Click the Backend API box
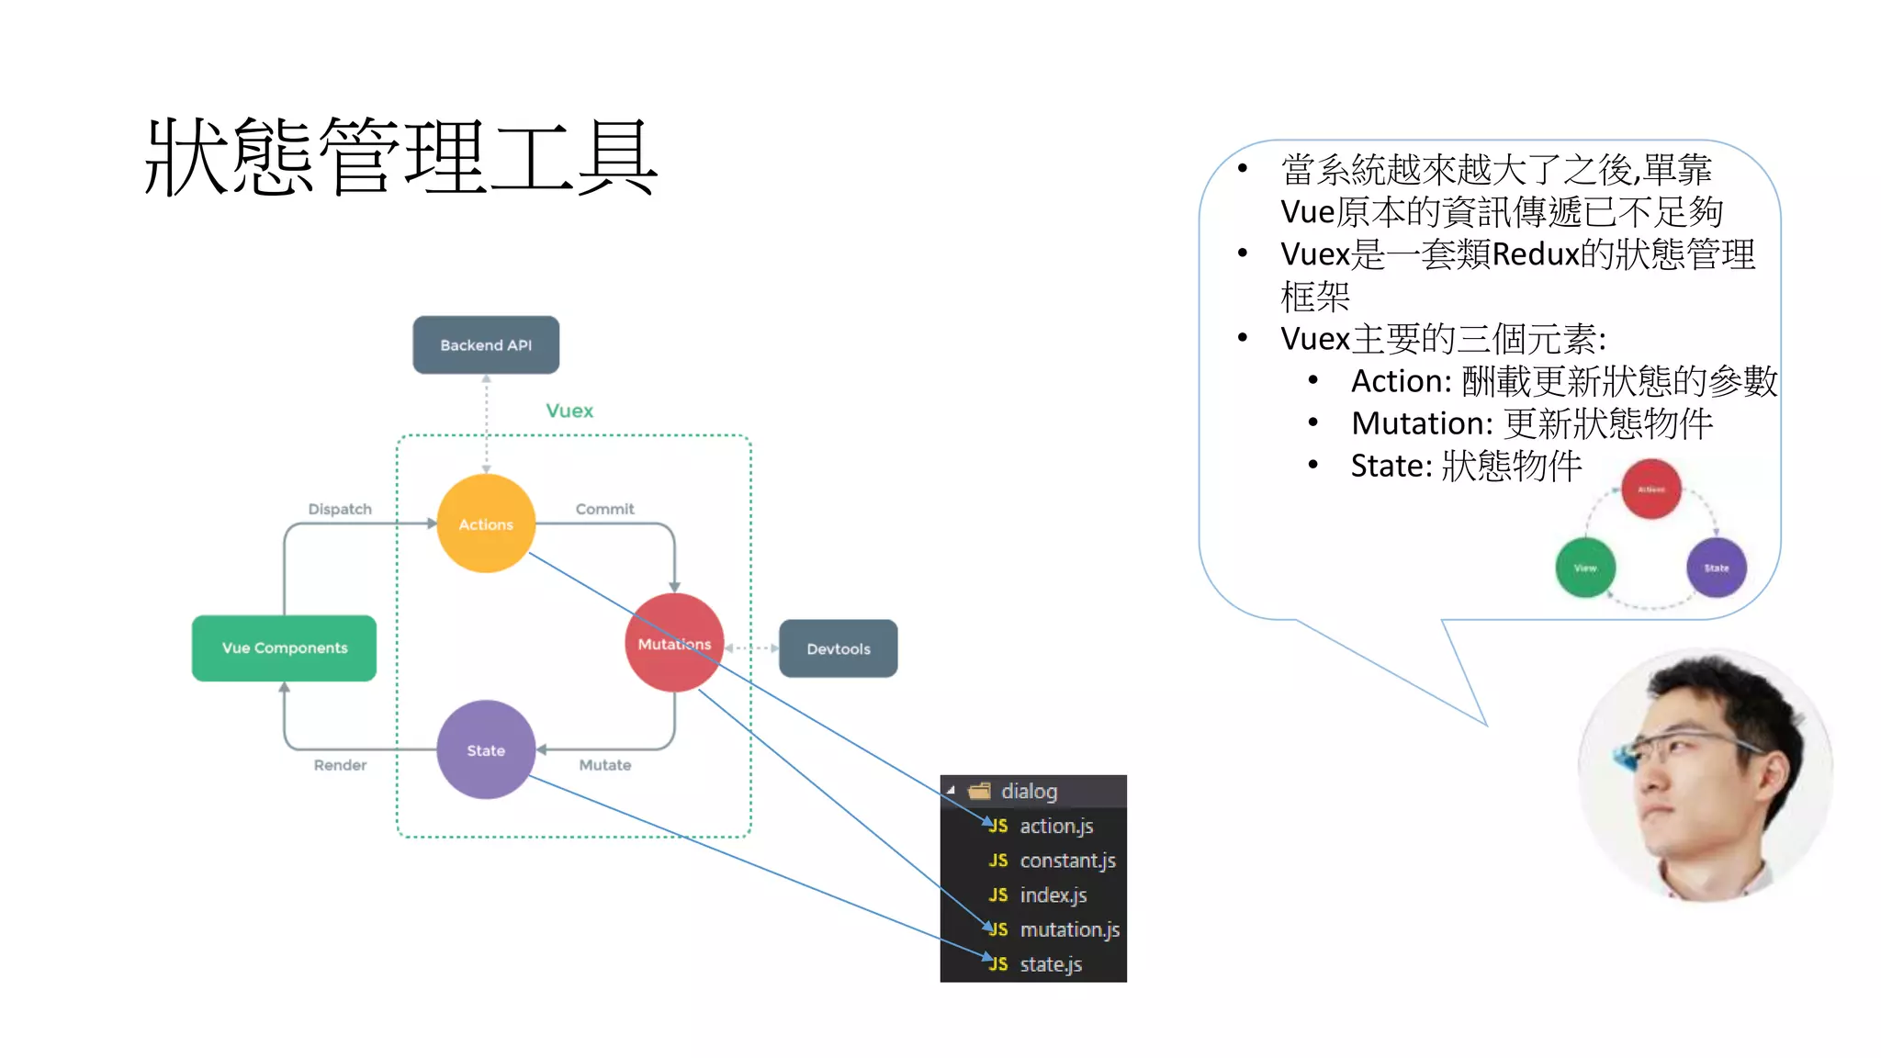(486, 345)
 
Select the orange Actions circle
(486, 523)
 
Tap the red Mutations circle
(674, 643)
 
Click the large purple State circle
(486, 749)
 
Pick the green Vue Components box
(284, 647)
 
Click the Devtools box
(838, 648)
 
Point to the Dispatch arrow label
(340, 509)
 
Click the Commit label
(604, 509)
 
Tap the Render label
(340, 765)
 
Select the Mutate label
(604, 765)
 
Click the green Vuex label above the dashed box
(569, 411)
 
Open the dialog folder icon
(980, 791)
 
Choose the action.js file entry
(1055, 826)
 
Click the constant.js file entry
(1066, 861)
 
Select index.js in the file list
(1053, 895)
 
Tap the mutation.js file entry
(1069, 929)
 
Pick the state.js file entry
(1050, 964)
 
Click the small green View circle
(1585, 568)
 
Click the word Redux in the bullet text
(1536, 254)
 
